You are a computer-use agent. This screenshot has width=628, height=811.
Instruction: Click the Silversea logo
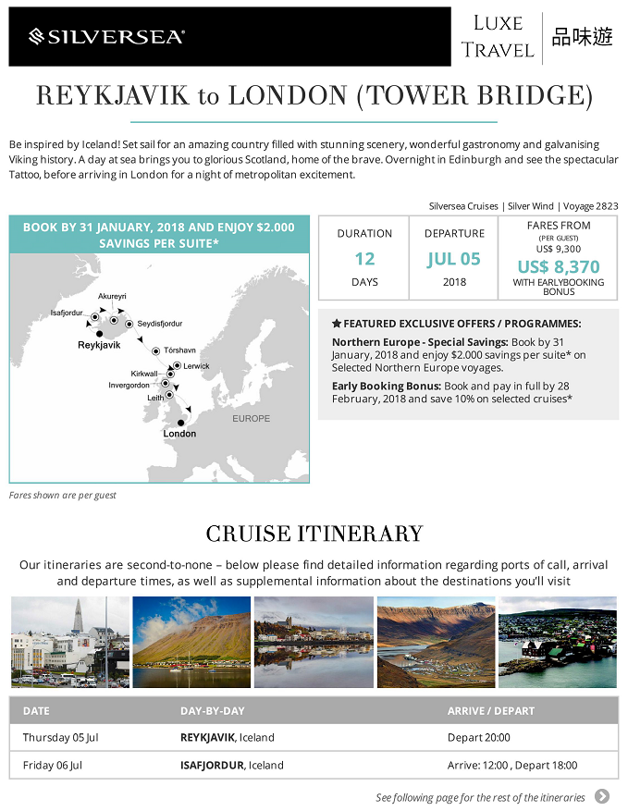point(106,37)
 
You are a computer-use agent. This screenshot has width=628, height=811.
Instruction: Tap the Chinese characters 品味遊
point(582,38)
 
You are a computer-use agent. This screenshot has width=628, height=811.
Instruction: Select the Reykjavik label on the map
point(98,345)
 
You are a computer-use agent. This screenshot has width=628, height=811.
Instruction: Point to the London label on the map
point(179,433)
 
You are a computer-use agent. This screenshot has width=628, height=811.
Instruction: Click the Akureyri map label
point(111,296)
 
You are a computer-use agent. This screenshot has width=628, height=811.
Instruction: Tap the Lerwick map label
point(197,366)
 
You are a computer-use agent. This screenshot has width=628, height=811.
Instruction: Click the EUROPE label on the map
point(252,419)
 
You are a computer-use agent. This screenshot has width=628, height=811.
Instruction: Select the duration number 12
point(364,259)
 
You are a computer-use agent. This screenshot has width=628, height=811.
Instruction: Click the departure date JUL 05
point(454,259)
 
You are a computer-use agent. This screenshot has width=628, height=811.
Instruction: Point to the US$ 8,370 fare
point(559,267)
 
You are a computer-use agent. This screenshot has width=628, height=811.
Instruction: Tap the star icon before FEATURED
point(337,325)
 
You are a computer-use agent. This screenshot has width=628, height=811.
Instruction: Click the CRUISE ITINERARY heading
point(314,534)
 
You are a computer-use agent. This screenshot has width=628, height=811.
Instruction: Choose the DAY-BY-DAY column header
point(212,711)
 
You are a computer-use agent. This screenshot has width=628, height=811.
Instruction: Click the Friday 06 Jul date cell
point(53,766)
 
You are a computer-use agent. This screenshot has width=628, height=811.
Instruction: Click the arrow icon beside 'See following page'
point(602,796)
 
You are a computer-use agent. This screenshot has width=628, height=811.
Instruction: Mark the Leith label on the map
point(155,398)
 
